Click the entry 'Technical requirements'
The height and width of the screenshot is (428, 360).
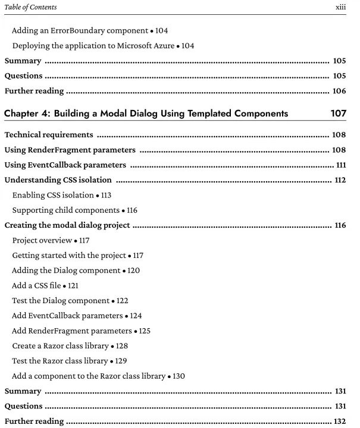click(x=48, y=135)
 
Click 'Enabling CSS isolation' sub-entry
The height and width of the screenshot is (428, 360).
click(x=54, y=195)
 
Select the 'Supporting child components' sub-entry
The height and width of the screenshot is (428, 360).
click(x=64, y=210)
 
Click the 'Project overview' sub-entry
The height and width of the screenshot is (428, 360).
click(x=42, y=240)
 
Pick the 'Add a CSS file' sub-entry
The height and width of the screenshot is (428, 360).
click(x=39, y=285)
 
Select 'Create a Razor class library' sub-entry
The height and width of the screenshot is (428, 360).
click(x=61, y=345)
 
